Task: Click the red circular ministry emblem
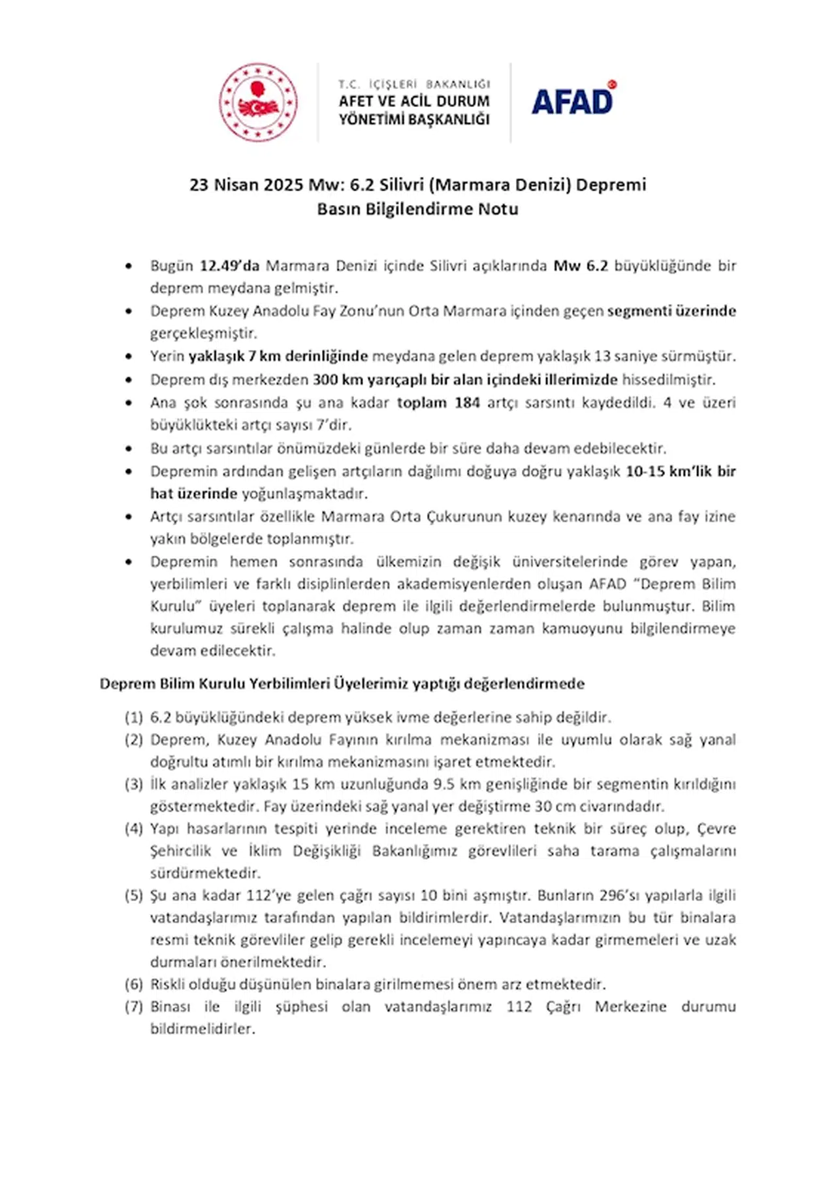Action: point(258,103)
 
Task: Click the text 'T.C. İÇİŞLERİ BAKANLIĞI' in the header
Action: point(414,84)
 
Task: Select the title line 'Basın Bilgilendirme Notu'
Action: point(417,209)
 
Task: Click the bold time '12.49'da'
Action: point(229,266)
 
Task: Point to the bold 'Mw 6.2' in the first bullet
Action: point(581,266)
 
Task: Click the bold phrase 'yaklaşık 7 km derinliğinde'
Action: point(278,356)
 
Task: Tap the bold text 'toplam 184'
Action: point(438,403)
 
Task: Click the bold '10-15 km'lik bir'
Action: point(681,471)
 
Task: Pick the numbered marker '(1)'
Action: point(134,718)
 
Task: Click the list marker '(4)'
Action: point(134,829)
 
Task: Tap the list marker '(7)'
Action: point(134,1007)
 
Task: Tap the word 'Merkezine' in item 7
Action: point(630,1007)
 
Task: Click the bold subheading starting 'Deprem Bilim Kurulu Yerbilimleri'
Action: point(342,684)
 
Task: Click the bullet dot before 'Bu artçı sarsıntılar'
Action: point(129,449)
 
